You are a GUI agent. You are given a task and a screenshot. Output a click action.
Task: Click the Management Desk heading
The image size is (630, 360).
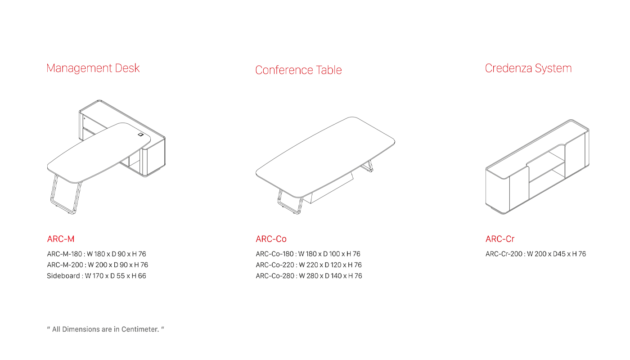coord(93,68)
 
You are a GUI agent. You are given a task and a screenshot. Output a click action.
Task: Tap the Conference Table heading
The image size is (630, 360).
coord(298,70)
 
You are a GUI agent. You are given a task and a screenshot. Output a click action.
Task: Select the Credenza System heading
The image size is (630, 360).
coord(528,68)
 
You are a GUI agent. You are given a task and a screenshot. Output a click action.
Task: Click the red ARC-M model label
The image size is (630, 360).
coord(61,239)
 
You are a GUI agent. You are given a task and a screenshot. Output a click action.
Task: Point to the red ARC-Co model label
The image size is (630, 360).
coord(271,239)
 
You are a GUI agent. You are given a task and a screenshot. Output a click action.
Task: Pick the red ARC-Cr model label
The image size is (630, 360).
coord(500,239)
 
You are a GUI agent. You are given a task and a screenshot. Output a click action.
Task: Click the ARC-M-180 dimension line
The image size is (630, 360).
coord(96,254)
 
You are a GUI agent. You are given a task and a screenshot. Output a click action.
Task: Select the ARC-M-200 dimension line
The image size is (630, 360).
coord(97,265)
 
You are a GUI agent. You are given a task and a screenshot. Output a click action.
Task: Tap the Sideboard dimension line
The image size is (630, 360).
coord(96,276)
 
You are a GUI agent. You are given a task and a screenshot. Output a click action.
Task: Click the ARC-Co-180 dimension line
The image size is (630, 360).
coord(308,254)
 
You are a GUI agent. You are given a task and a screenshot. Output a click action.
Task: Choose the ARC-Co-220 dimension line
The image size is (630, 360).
coord(309,265)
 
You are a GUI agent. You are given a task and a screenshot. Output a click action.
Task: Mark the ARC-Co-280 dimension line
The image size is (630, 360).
coord(309,276)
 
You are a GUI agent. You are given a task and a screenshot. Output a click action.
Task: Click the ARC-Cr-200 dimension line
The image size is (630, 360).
coord(535,254)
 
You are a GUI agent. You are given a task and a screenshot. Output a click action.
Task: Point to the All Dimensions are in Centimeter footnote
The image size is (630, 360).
coord(105,329)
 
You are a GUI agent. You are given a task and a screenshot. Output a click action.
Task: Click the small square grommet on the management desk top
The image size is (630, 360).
coord(141,135)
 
